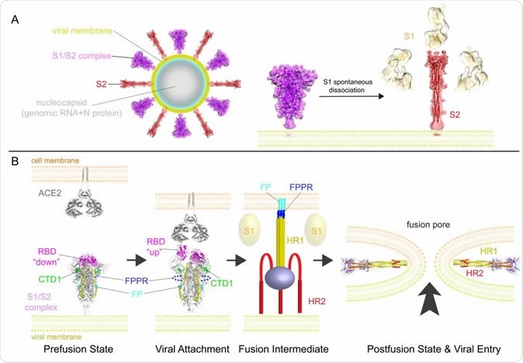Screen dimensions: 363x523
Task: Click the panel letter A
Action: click(13, 19)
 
